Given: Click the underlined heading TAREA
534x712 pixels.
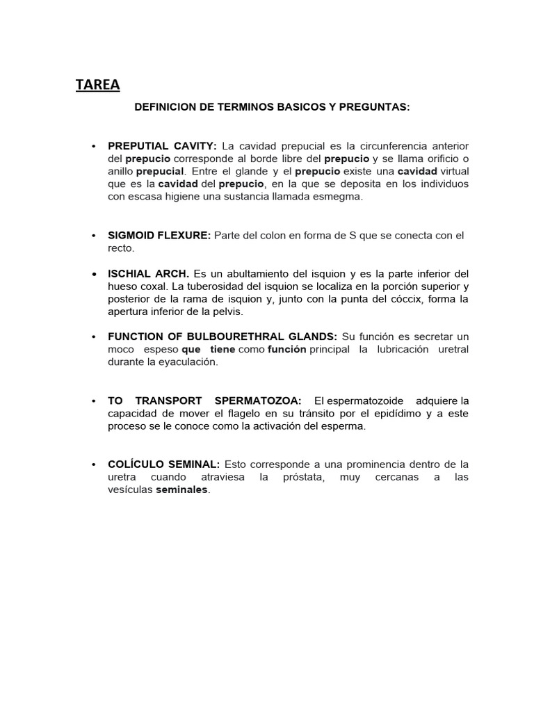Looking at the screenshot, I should click(x=97, y=85).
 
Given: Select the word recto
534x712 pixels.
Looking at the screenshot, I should click(x=120, y=248).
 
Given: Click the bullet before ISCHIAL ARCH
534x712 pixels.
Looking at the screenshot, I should click(x=93, y=274).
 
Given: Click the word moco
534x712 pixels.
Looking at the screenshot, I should click(x=120, y=350).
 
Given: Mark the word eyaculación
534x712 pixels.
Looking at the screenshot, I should click(x=188, y=362).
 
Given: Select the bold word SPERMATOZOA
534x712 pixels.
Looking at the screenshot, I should click(x=252, y=400).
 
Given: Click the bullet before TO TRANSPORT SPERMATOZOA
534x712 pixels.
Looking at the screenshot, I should click(x=93, y=401).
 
